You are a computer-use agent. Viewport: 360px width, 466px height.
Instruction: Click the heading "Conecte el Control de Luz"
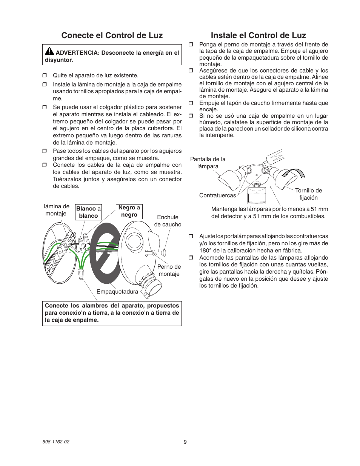[112, 35]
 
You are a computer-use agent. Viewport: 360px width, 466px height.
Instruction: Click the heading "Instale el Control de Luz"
[258, 35]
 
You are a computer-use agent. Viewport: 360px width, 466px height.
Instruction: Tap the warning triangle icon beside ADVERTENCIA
[49, 52]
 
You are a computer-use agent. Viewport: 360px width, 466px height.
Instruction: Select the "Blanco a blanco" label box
[88, 212]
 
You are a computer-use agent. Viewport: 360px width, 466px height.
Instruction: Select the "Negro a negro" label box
[129, 211]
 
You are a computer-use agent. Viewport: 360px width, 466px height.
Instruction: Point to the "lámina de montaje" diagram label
[56, 210]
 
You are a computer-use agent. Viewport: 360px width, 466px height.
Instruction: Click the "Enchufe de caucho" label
[168, 221]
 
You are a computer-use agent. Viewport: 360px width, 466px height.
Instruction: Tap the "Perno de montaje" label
[169, 270]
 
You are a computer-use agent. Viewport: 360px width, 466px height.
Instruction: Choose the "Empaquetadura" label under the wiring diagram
[117, 292]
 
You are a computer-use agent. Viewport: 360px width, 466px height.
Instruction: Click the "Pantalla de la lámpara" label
[208, 163]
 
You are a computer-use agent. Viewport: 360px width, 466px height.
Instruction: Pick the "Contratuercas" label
[217, 195]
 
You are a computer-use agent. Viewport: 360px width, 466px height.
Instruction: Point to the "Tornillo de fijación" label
[308, 194]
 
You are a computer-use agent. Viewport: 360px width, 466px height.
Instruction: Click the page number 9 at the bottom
[185, 442]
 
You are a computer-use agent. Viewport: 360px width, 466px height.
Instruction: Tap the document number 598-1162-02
[57, 442]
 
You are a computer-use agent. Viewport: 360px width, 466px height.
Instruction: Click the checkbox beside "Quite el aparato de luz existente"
[44, 75]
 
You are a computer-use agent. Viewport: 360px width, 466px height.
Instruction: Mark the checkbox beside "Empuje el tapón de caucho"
[191, 103]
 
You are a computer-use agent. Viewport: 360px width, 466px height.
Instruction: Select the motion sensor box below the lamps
[256, 195]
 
